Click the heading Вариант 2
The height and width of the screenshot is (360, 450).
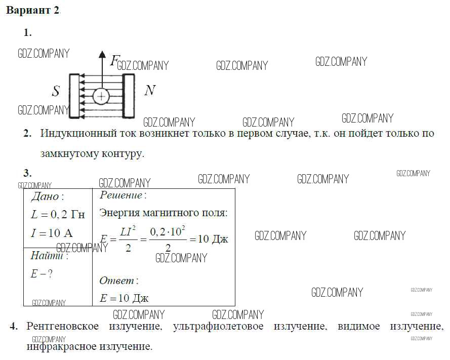point(32,10)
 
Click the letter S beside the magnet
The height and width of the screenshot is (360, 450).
point(56,91)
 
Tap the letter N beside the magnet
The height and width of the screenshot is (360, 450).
point(150,91)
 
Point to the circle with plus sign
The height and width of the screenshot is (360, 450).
point(101,96)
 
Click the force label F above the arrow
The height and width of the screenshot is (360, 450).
point(114,61)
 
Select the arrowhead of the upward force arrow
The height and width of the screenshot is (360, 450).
point(102,54)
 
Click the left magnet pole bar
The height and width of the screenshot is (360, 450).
point(74,96)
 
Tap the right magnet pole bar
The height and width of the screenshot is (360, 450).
point(129,96)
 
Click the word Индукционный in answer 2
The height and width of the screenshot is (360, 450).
point(78,134)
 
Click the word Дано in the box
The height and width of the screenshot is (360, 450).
point(45,196)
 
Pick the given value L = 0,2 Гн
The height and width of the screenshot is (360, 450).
point(58,214)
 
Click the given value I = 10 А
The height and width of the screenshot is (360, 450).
point(52,233)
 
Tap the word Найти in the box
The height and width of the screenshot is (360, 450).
point(47,256)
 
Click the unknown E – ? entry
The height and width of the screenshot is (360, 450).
point(42,273)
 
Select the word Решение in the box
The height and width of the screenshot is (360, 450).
point(121,195)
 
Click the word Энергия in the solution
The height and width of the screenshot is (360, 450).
point(119,213)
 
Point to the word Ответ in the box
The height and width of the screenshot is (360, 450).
point(116,281)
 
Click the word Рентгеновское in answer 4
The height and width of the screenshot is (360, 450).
point(63,326)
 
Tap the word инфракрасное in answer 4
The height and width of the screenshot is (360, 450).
point(61,346)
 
